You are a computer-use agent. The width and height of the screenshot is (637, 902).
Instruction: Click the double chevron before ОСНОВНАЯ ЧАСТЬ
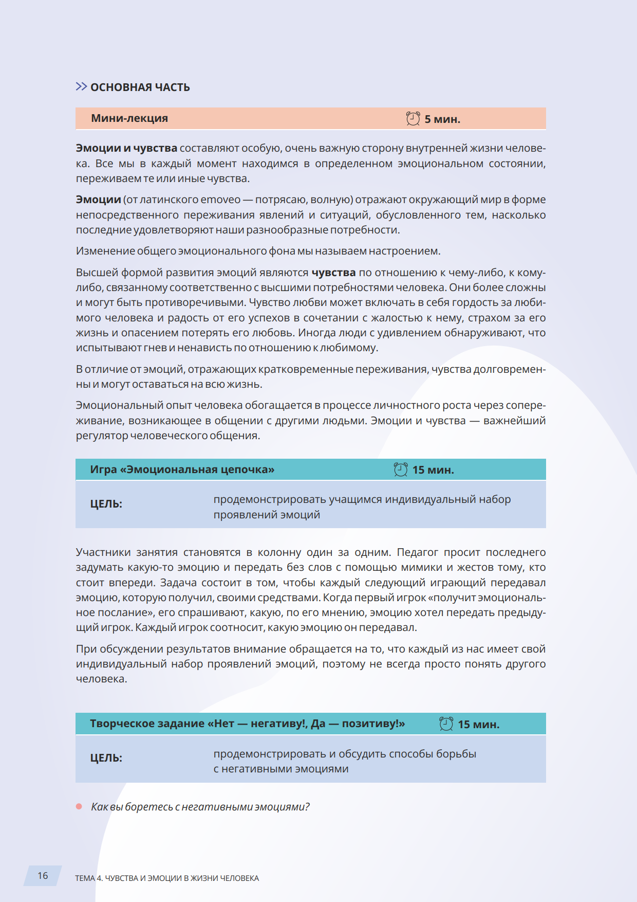pyautogui.click(x=81, y=86)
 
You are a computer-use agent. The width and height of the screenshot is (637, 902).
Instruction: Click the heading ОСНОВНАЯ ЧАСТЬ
pyautogui.click(x=140, y=87)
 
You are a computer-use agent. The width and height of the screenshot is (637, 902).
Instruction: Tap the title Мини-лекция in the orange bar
pyautogui.click(x=129, y=118)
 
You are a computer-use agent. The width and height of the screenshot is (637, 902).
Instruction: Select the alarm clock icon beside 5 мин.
pyautogui.click(x=413, y=118)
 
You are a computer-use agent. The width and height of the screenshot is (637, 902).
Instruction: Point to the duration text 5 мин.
pyautogui.click(x=442, y=119)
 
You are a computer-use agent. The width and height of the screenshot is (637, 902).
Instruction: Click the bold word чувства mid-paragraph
pyautogui.click(x=333, y=273)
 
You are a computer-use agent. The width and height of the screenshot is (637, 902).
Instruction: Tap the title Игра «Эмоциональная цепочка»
pyautogui.click(x=182, y=470)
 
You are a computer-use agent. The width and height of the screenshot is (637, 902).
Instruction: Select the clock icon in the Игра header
pyautogui.click(x=401, y=470)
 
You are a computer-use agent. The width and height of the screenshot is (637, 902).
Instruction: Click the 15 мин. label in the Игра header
pyautogui.click(x=433, y=470)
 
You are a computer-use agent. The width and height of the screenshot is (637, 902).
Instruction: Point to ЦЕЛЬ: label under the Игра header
pyautogui.click(x=106, y=504)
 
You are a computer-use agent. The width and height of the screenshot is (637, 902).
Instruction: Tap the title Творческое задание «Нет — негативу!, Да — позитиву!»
pyautogui.click(x=248, y=724)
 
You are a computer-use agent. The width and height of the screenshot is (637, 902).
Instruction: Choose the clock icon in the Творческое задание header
pyautogui.click(x=446, y=724)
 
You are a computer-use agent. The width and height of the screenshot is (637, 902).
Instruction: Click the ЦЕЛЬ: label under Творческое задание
pyautogui.click(x=106, y=758)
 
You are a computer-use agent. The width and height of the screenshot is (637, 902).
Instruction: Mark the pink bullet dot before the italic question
pyautogui.click(x=79, y=806)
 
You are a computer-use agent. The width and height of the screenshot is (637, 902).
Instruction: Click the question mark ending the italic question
pyautogui.click(x=307, y=807)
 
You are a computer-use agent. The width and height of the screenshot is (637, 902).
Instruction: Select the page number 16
pyautogui.click(x=43, y=875)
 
